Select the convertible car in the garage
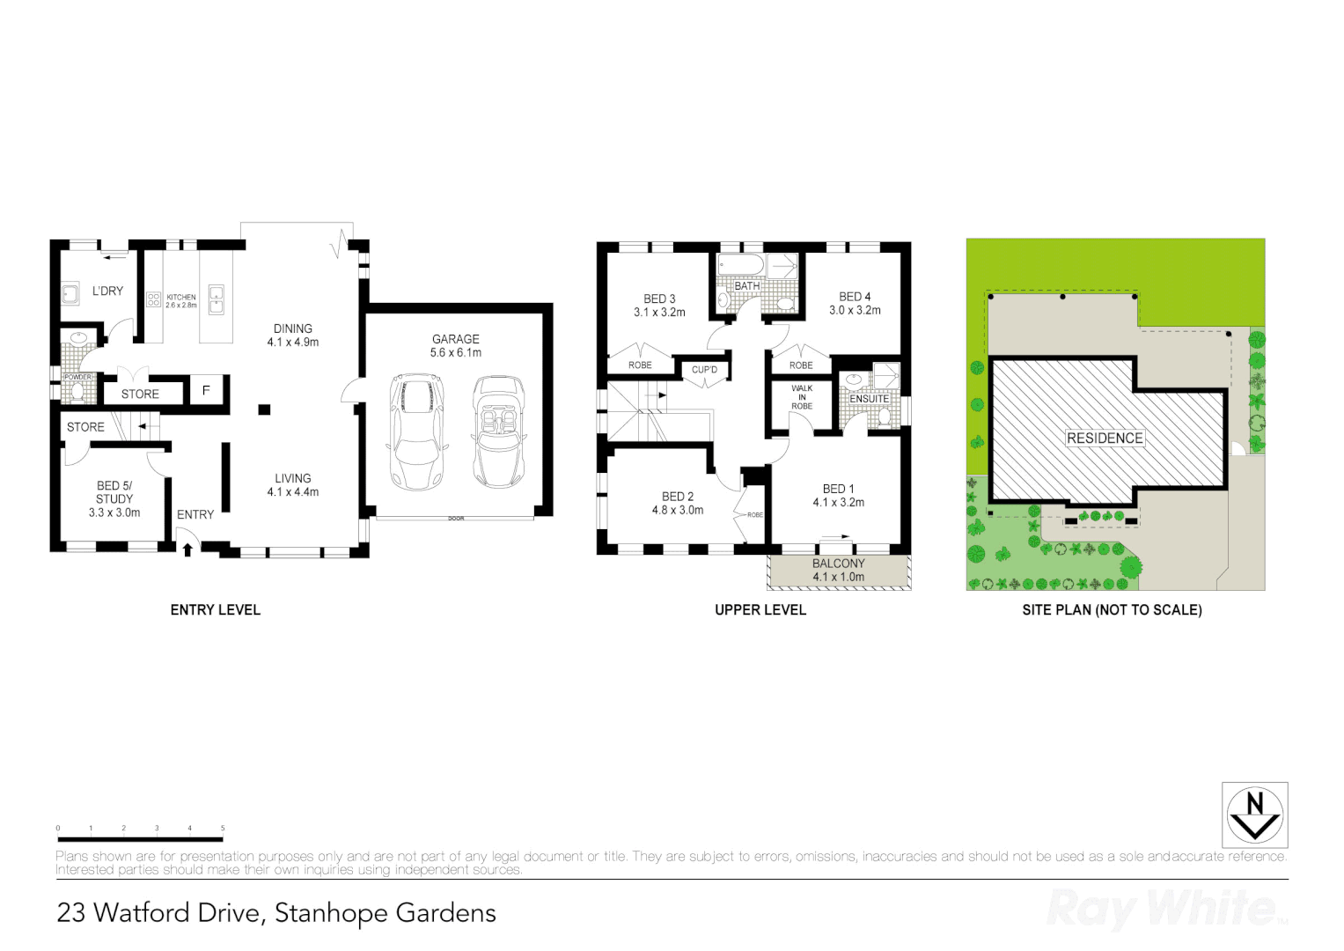tap(498, 431)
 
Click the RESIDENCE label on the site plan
tap(1105, 438)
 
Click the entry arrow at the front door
tap(187, 550)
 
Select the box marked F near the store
tap(206, 390)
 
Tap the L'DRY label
tap(107, 291)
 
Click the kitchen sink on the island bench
tap(216, 299)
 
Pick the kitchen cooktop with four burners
tap(153, 299)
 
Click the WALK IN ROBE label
tap(801, 397)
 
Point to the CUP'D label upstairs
tap(704, 370)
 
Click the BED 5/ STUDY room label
tap(114, 498)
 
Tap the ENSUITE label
tap(869, 399)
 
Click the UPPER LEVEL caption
tap(760, 609)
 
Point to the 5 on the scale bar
tap(223, 829)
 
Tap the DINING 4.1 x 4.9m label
tap(293, 335)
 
